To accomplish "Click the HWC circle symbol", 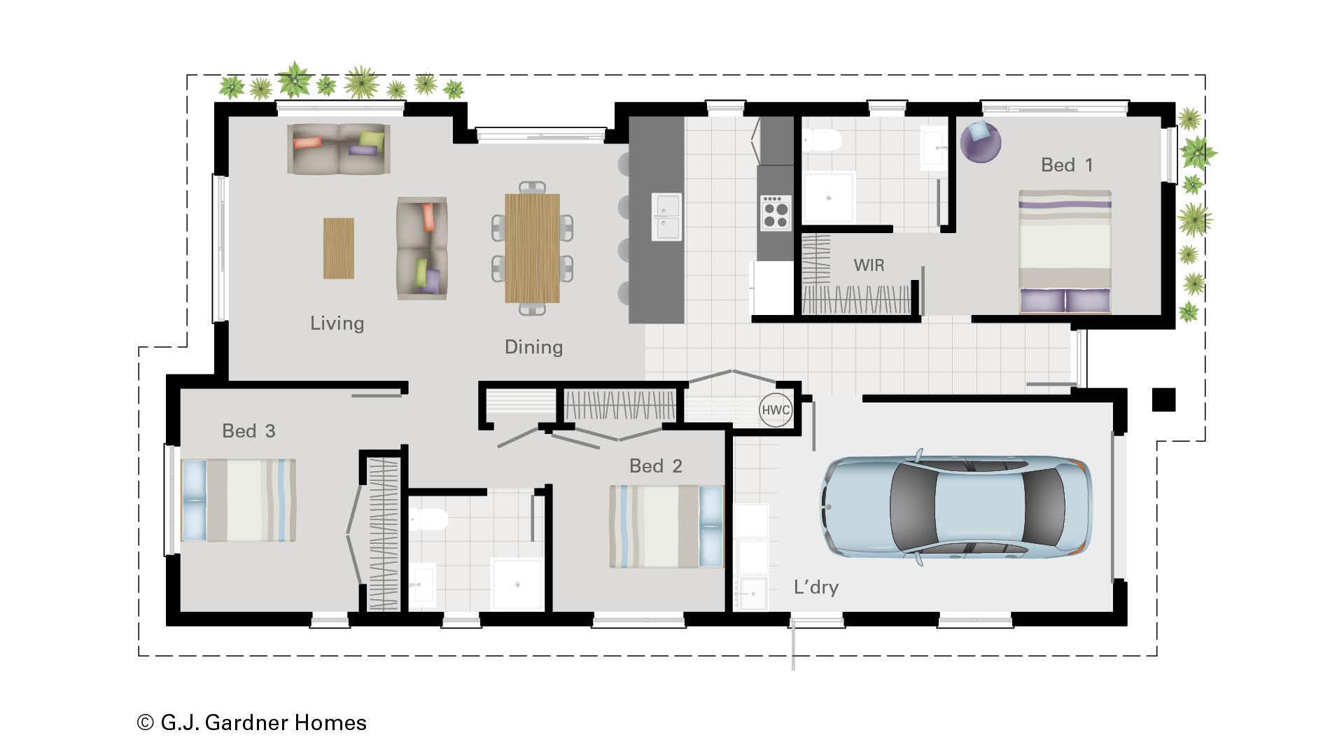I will coord(775,410).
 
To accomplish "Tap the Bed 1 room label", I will coord(1066,165).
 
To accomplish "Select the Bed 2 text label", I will coord(655,466).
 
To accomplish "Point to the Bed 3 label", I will coord(248,431).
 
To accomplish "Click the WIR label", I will coord(869,265).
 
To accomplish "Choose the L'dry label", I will coord(815,587).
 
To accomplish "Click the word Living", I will coord(337,323).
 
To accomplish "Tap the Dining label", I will coord(533,347).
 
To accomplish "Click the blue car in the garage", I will coord(956,507).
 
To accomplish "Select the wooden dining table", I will coord(532,248).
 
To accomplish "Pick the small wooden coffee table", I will coord(338,248).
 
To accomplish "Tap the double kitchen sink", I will coord(666,216).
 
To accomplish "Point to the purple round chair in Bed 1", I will coord(979,141).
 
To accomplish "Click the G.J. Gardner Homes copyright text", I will coord(252,722).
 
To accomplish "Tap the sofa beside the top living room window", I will coord(338,148).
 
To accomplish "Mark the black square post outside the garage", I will coord(1163,400).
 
